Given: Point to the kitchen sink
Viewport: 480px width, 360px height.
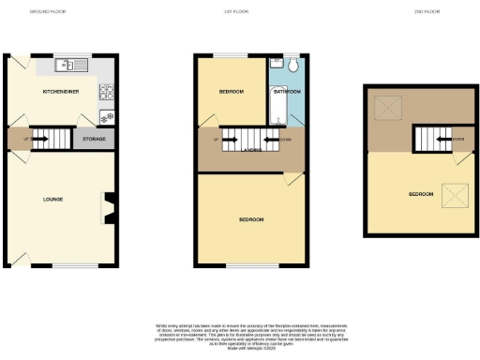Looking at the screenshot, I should [x=67, y=66].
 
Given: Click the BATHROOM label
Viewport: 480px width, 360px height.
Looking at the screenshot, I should [x=287, y=92].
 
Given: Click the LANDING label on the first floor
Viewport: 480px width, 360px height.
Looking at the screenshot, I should [x=249, y=149].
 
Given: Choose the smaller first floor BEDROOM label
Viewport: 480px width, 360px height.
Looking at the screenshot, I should [x=231, y=92].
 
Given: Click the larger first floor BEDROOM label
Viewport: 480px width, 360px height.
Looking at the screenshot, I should [x=250, y=219].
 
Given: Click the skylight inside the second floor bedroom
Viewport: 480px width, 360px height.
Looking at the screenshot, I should [x=455, y=196].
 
